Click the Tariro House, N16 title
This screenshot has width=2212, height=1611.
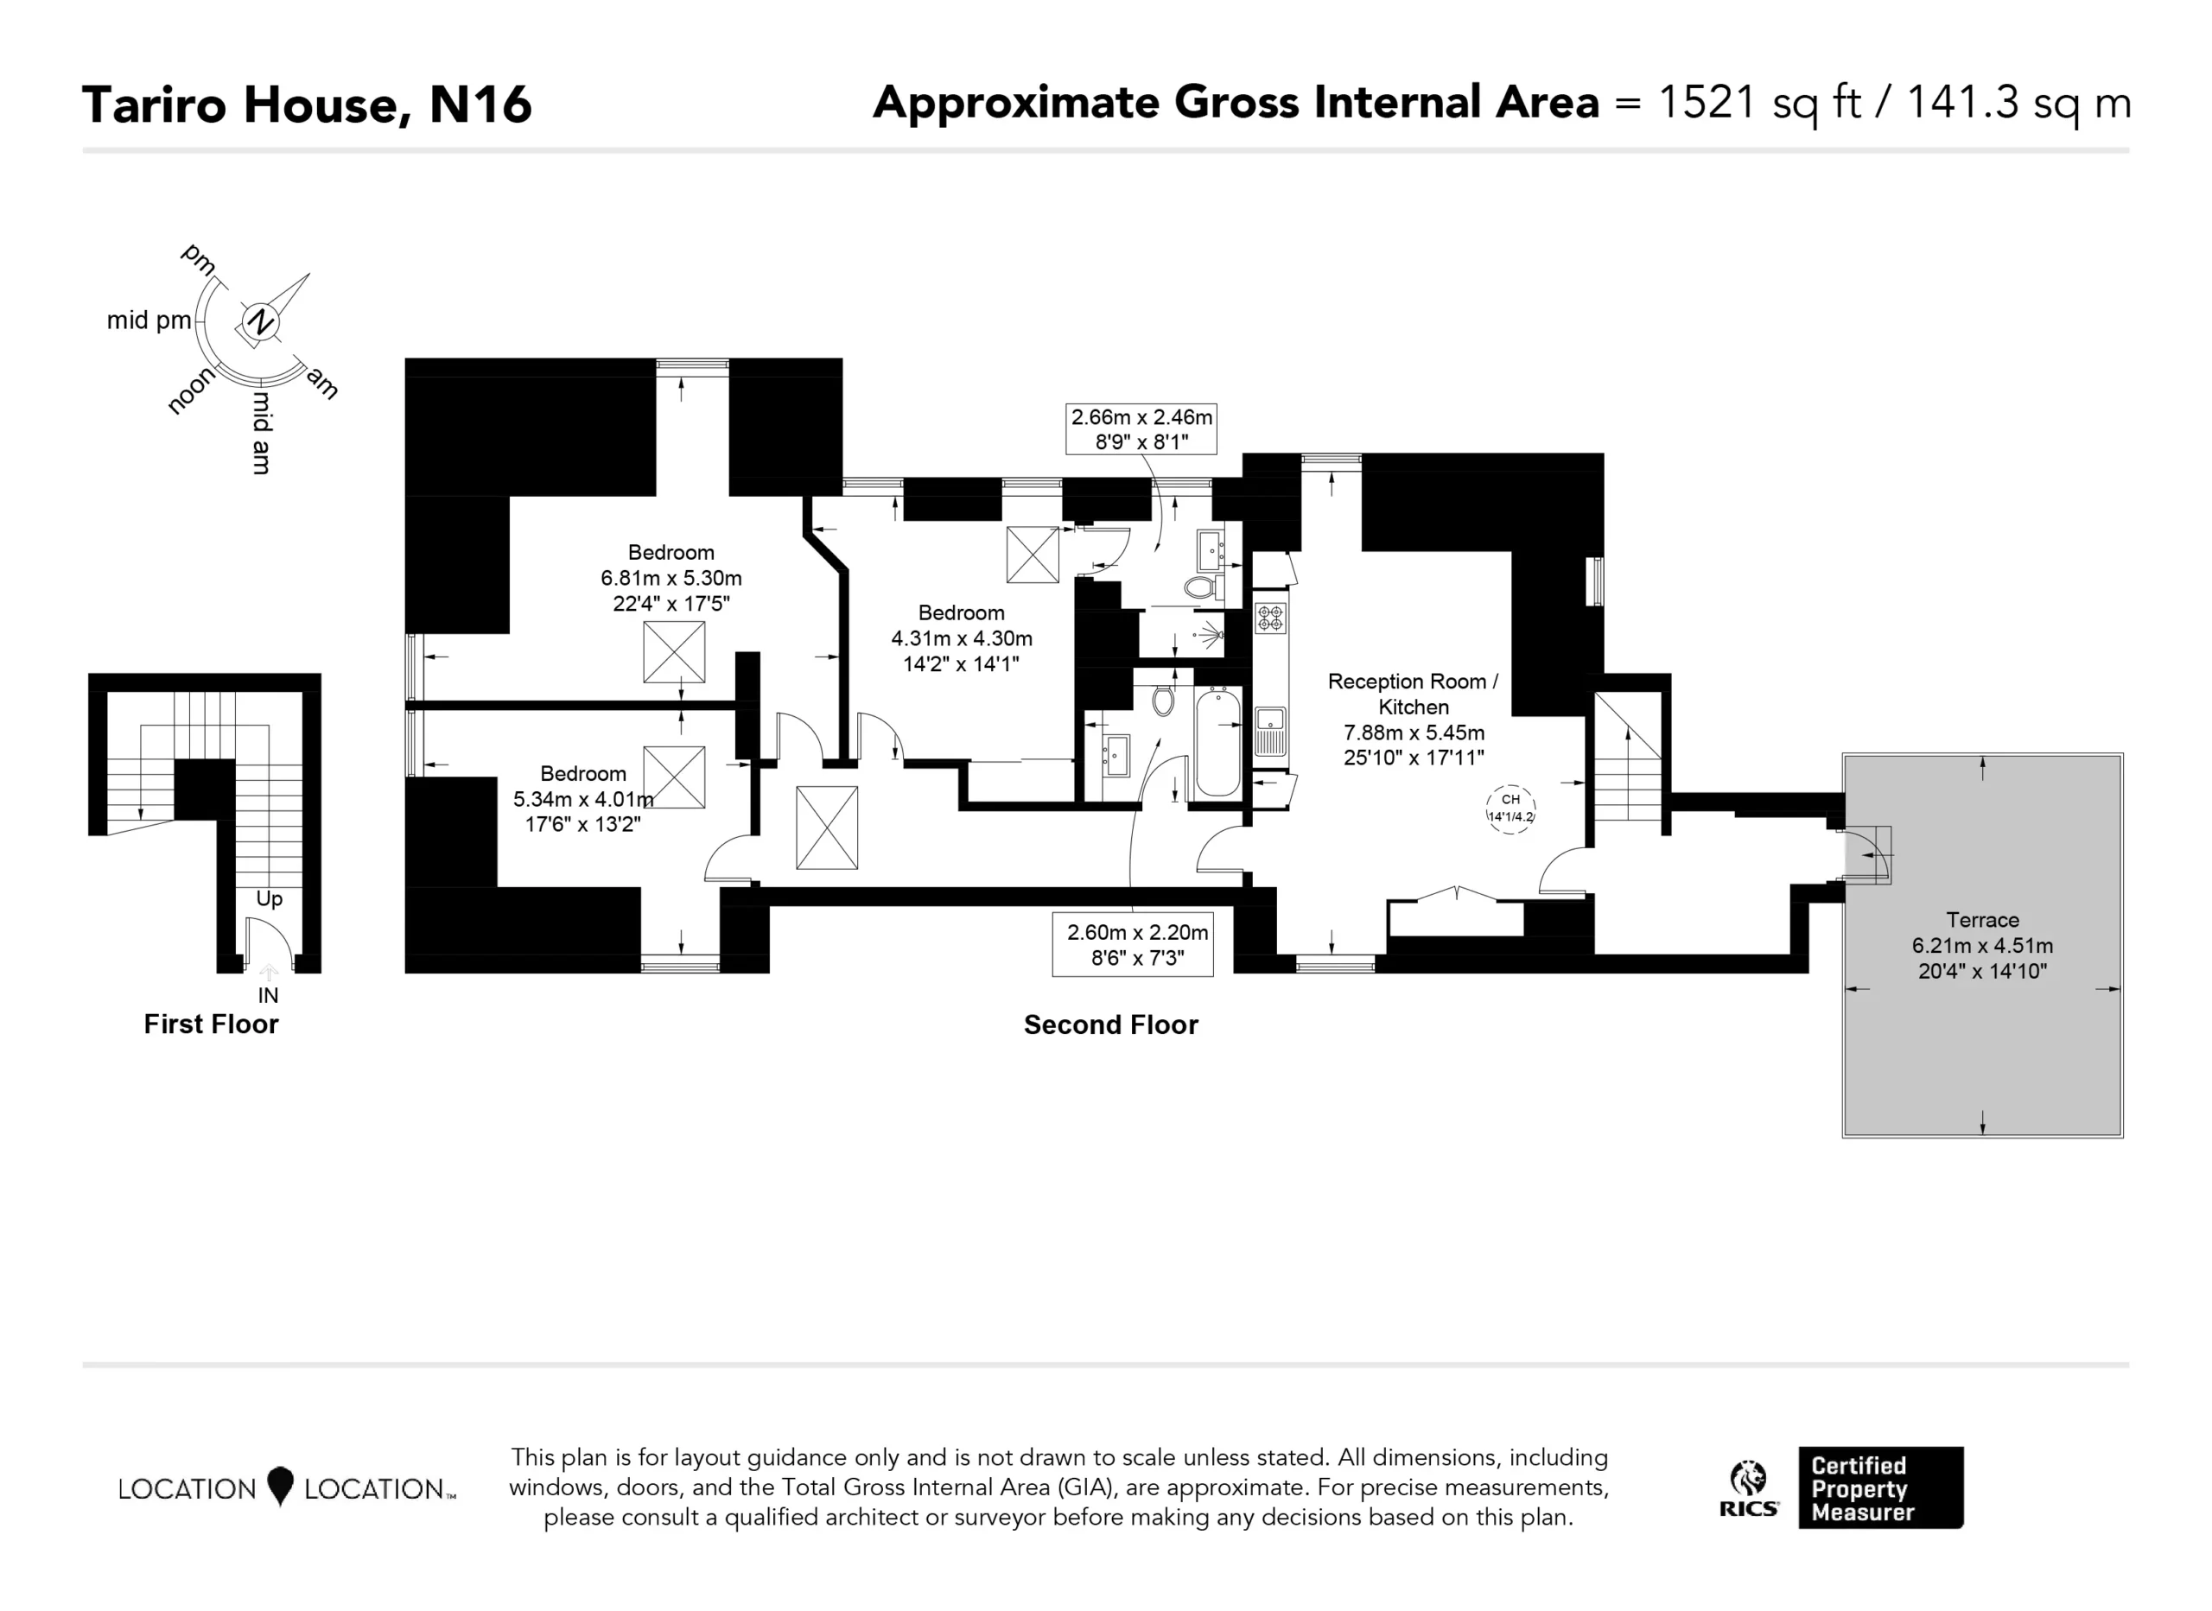pos(308,105)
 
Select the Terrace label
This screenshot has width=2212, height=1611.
pos(1982,920)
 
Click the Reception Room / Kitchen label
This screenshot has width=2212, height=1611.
pos(1414,695)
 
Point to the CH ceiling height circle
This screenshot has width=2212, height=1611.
pos(1510,809)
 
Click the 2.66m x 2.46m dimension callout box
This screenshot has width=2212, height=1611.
pos(1141,429)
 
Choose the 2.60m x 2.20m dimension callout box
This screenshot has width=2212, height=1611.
pos(1132,944)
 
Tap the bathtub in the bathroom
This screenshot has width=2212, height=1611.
pos(1218,742)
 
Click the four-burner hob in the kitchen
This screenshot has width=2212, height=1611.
pos(1271,618)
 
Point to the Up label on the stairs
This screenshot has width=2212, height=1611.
pos(270,899)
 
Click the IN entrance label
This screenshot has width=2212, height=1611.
pos(268,996)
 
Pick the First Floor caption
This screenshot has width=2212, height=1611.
pos(211,1024)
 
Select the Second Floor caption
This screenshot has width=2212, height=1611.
pos(1111,1025)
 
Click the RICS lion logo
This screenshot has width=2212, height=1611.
pos(1749,1488)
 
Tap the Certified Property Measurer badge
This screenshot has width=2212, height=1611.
pos(1880,1488)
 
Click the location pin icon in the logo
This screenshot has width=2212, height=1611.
pos(280,1486)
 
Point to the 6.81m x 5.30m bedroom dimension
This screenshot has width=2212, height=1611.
pos(671,578)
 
